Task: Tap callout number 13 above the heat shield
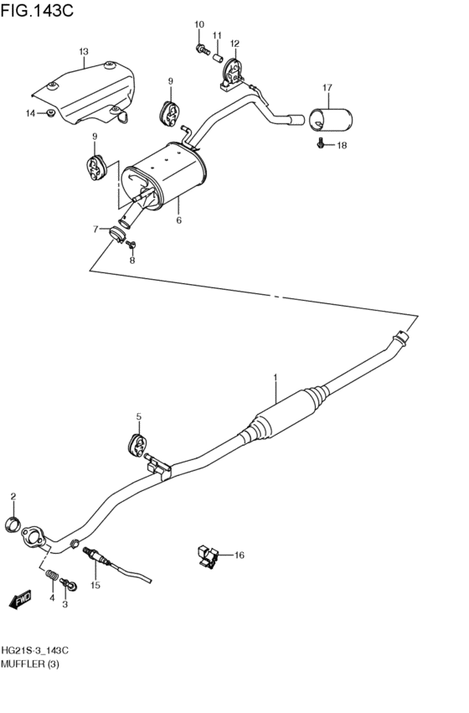coord(84,53)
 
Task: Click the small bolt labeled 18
coord(322,145)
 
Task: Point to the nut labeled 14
coord(50,113)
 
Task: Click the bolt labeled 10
coord(201,50)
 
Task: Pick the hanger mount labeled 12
coord(230,72)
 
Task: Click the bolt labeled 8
coord(131,244)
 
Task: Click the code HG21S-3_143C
coord(34,650)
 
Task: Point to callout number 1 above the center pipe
coord(274,379)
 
